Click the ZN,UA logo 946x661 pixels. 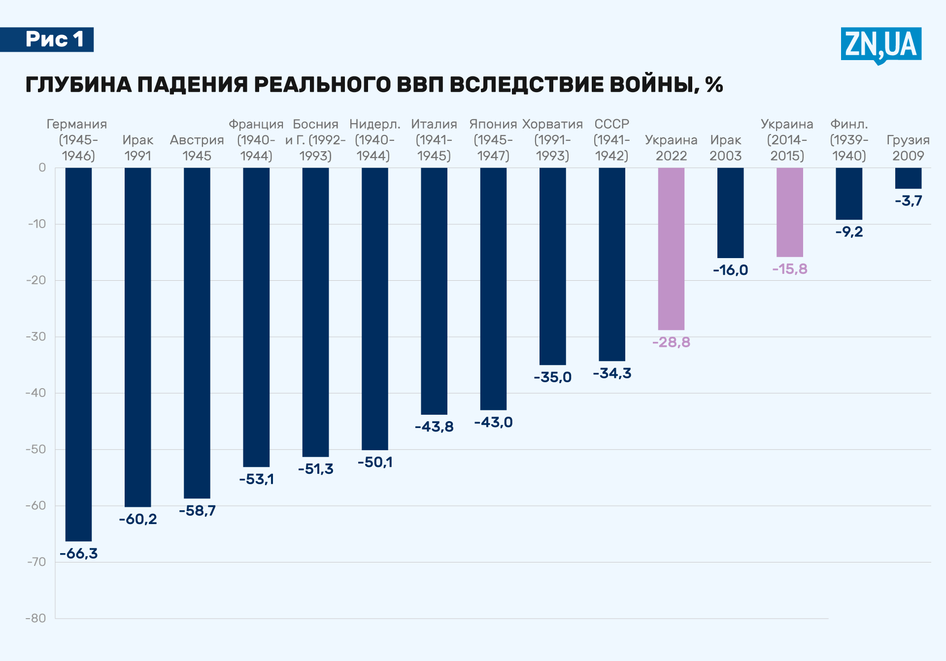pyautogui.click(x=880, y=44)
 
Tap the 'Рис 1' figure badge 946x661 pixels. pyautogui.click(x=54, y=39)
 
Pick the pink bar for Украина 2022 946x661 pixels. pyautogui.click(x=671, y=249)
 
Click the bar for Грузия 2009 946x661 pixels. pyautogui.click(x=908, y=178)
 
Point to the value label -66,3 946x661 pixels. pyautogui.click(x=79, y=554)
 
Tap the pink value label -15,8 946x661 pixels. pyautogui.click(x=790, y=269)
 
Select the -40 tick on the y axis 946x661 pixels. pyautogui.click(x=35, y=393)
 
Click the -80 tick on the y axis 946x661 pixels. pyautogui.click(x=35, y=618)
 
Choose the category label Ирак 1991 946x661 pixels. pyautogui.click(x=138, y=148)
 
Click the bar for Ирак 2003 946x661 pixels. pyautogui.click(x=730, y=212)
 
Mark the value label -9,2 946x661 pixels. pyautogui.click(x=849, y=231)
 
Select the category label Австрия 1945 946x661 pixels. pyautogui.click(x=197, y=148)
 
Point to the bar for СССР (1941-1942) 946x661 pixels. pyautogui.click(x=612, y=264)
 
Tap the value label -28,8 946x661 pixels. pyautogui.click(x=671, y=342)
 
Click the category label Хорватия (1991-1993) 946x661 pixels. pyautogui.click(x=552, y=140)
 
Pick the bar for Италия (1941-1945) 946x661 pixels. pyautogui.click(x=434, y=291)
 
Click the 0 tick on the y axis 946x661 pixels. pyautogui.click(x=42, y=167)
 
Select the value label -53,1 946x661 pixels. pyautogui.click(x=256, y=479)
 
